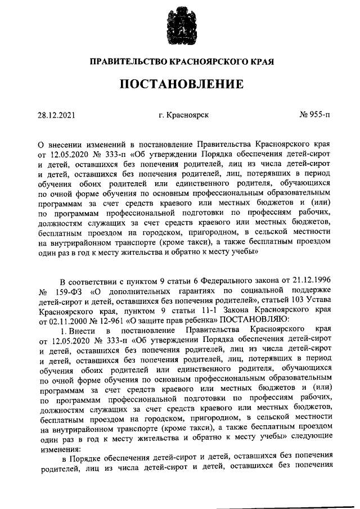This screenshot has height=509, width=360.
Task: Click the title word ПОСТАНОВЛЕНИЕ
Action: tap(180, 84)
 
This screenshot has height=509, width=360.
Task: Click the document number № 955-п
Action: tap(316, 115)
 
